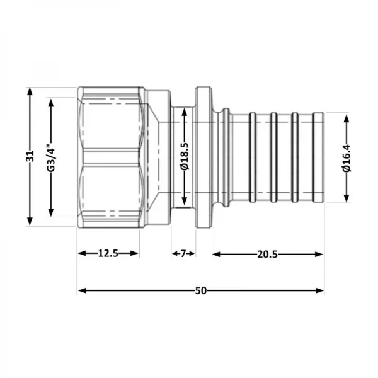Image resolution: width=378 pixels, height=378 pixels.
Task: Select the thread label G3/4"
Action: (52, 157)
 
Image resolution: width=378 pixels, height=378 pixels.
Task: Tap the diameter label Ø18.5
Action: (184, 157)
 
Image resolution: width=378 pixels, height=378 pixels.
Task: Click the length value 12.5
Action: (108, 254)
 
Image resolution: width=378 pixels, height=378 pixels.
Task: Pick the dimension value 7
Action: (183, 254)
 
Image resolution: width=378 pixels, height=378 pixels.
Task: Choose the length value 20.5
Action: (268, 254)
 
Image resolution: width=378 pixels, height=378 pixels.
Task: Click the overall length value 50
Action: (200, 290)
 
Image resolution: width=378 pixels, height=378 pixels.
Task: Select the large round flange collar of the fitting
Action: (203, 157)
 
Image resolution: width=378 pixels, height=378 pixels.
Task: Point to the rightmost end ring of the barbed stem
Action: (319, 157)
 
